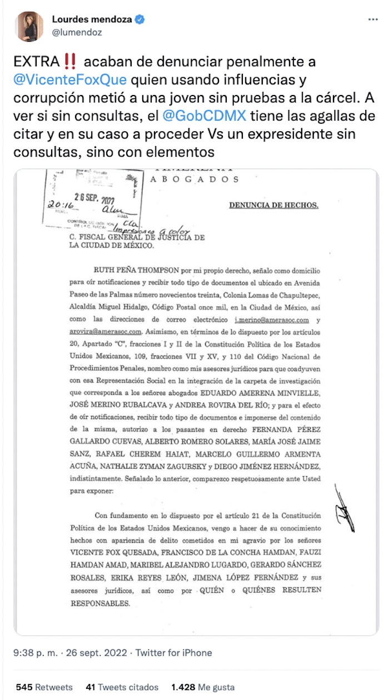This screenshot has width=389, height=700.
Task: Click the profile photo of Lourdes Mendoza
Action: point(29,26)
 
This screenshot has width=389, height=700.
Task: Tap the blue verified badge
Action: point(141,20)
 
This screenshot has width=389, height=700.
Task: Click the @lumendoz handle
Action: point(77,33)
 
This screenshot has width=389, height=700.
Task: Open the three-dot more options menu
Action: point(373,19)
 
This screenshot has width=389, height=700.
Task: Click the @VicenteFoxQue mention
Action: point(66,79)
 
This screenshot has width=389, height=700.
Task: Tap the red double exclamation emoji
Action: point(69,61)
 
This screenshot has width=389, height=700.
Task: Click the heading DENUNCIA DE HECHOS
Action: point(274,205)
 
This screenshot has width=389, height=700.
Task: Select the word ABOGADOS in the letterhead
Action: point(195,179)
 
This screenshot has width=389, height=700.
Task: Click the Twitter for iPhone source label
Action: point(174,653)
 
